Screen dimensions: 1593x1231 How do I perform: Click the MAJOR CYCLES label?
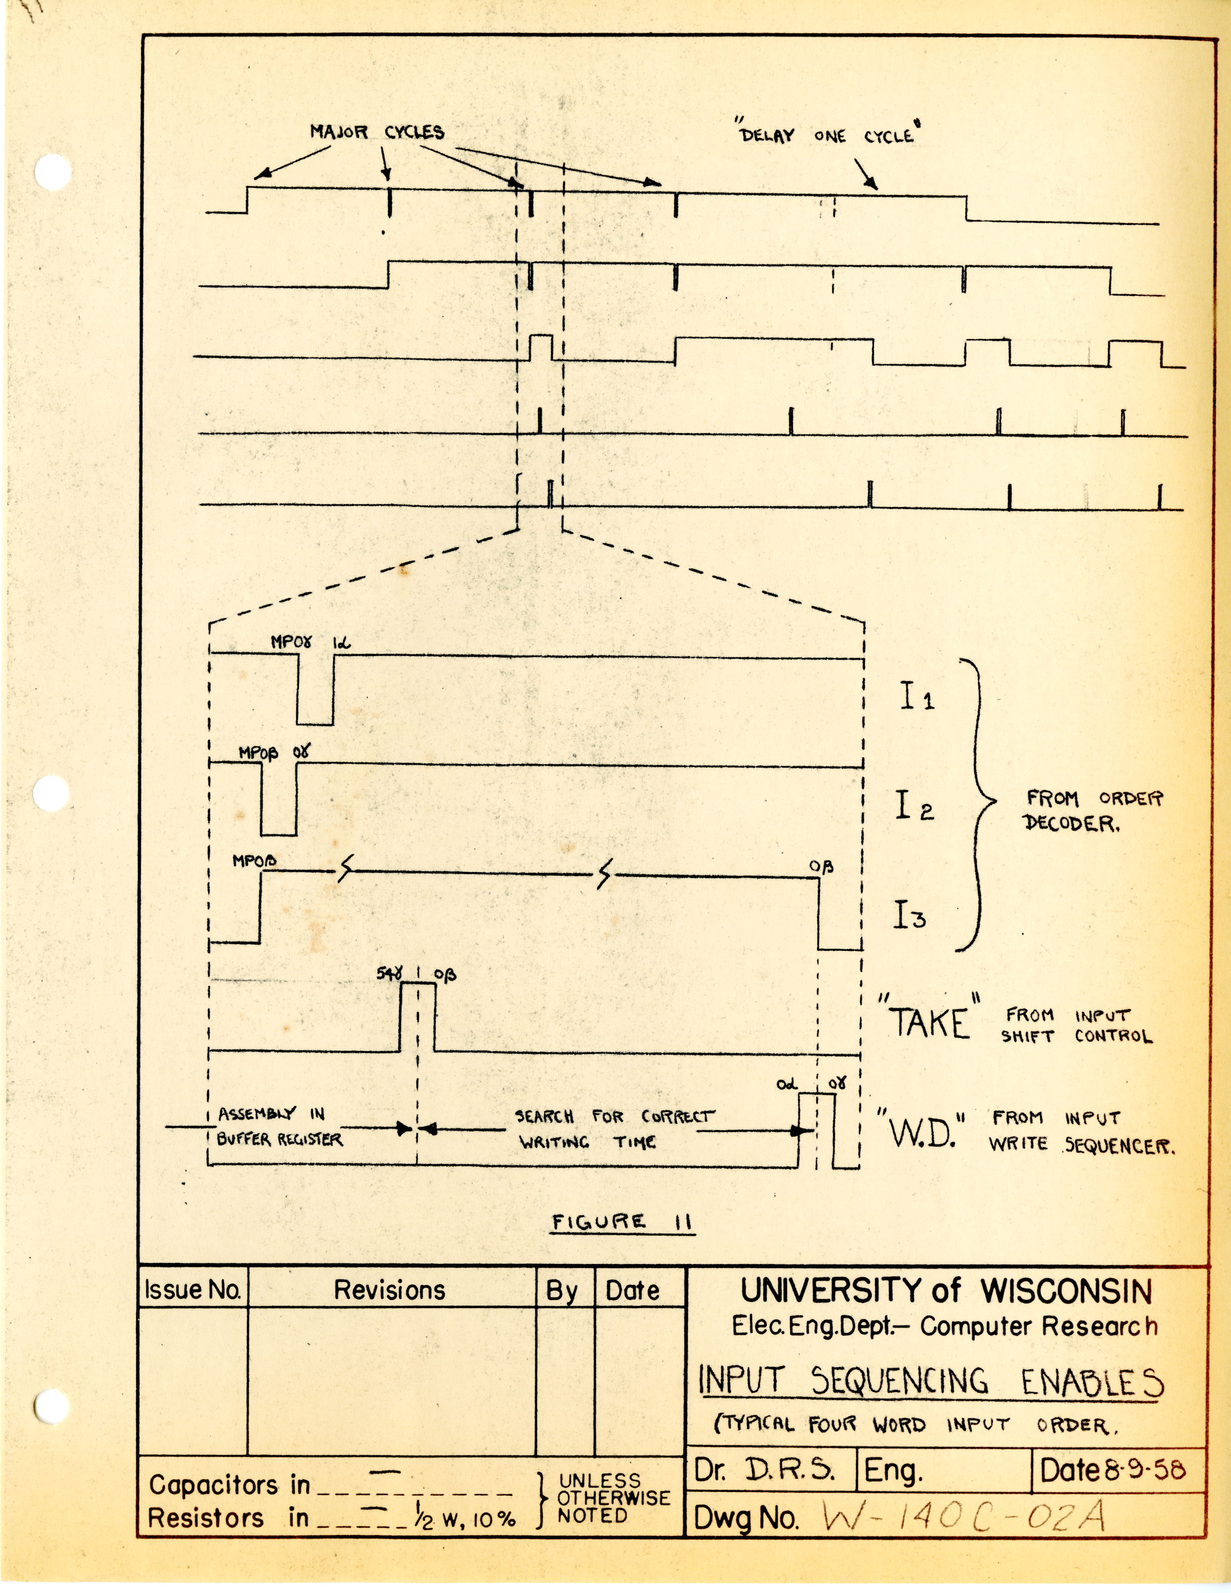[x=377, y=132]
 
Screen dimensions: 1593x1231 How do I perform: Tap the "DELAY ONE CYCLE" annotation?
[x=828, y=136]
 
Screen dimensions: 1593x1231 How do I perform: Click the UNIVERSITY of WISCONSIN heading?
[x=946, y=1291]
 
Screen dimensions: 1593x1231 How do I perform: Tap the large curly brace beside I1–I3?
[x=981, y=802]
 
